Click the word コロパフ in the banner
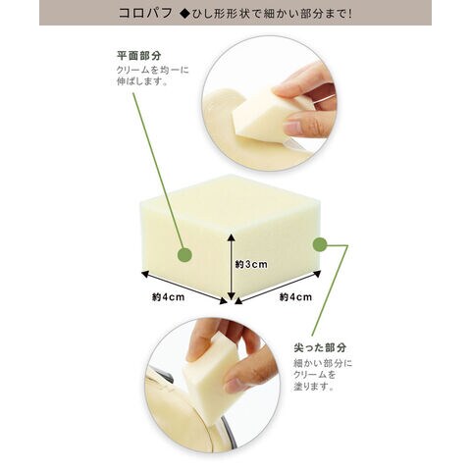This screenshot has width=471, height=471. click(x=145, y=13)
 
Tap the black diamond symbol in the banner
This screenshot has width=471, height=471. click(x=185, y=14)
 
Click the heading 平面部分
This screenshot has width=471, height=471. click(x=139, y=56)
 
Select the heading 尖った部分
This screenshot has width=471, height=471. click(x=320, y=347)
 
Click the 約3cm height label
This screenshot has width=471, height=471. click(x=251, y=264)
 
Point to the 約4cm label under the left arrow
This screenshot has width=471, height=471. click(x=168, y=297)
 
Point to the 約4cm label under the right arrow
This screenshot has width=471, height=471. click(x=295, y=297)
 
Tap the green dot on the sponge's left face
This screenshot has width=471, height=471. click(x=184, y=255)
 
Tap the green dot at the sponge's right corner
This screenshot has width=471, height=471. click(x=320, y=244)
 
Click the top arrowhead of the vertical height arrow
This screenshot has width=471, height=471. click(x=232, y=237)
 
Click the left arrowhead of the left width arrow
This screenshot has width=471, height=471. click(x=145, y=274)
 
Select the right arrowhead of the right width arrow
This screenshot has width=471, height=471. click(x=317, y=274)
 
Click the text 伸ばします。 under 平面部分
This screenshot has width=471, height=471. click(x=142, y=81)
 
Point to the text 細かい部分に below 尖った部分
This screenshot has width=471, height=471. click(x=323, y=363)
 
